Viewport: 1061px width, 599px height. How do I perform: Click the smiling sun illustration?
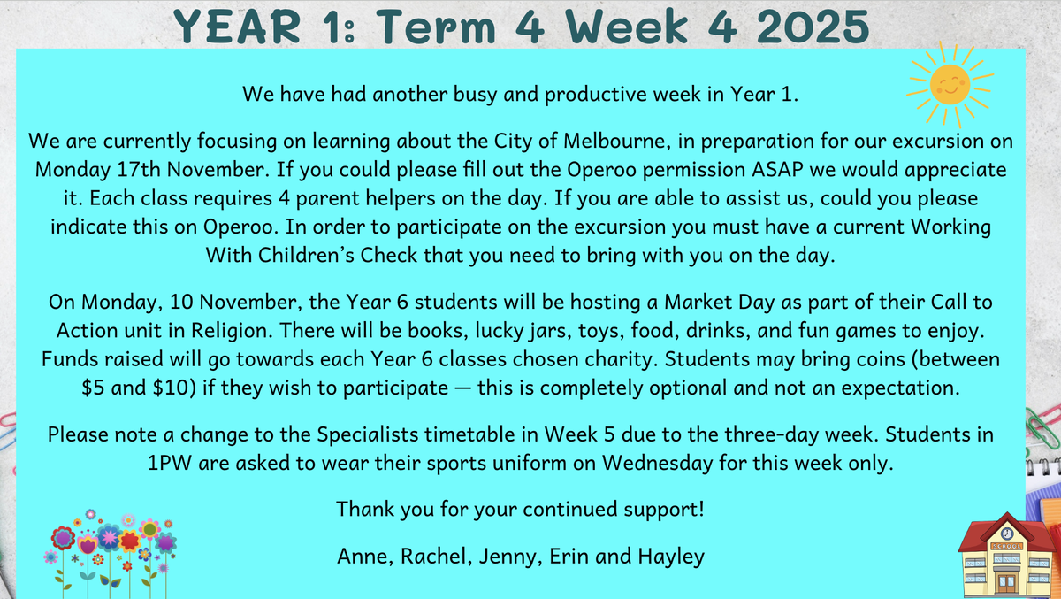[950, 85]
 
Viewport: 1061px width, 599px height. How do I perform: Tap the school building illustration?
[1007, 556]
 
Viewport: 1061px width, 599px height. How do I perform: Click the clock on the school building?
[1007, 534]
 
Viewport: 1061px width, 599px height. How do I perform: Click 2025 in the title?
[813, 27]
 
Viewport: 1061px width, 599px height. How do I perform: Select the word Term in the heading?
[436, 27]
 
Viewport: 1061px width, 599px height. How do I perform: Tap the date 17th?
[139, 170]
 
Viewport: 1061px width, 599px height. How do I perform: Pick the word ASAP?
[778, 170]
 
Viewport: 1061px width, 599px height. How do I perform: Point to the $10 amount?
[174, 388]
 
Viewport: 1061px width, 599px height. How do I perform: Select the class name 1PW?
[170, 463]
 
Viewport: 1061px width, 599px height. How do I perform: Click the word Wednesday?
[658, 463]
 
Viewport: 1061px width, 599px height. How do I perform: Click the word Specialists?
[368, 434]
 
